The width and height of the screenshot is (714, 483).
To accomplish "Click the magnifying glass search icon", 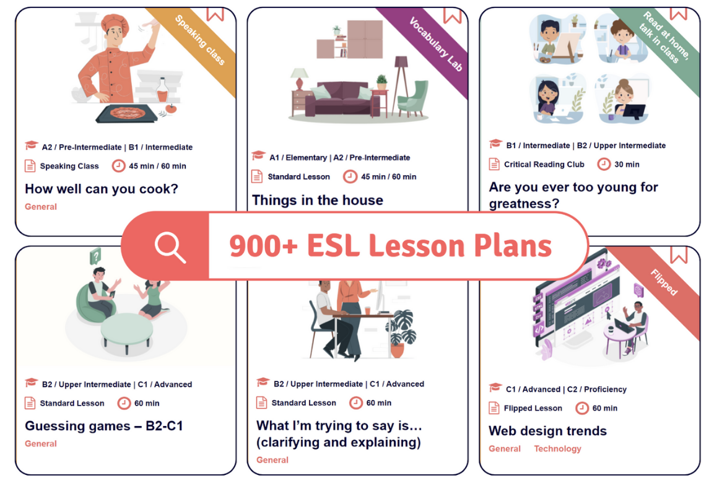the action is [170, 247].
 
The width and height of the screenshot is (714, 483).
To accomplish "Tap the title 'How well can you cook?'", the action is [102, 189].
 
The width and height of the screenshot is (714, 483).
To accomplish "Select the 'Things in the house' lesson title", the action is [318, 200].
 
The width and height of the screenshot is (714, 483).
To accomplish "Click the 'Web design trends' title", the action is [547, 430].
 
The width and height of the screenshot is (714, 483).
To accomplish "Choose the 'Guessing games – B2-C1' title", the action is [104, 426].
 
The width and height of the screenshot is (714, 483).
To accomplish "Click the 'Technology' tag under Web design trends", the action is [557, 449].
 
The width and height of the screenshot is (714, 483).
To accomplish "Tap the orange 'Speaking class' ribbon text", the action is [200, 40].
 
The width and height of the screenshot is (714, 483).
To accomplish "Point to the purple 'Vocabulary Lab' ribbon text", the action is [436, 44].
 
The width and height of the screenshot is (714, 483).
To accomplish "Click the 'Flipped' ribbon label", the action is [664, 282].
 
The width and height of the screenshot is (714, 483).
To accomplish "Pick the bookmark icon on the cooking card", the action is [216, 14].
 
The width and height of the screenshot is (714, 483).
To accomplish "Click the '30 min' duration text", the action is [627, 164].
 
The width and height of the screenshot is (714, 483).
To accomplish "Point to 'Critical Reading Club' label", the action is [544, 164].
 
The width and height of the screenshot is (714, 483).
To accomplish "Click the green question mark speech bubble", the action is [95, 256].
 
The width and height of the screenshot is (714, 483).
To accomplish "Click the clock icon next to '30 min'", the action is [604, 164].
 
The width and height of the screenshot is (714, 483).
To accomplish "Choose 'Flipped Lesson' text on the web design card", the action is [533, 408].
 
